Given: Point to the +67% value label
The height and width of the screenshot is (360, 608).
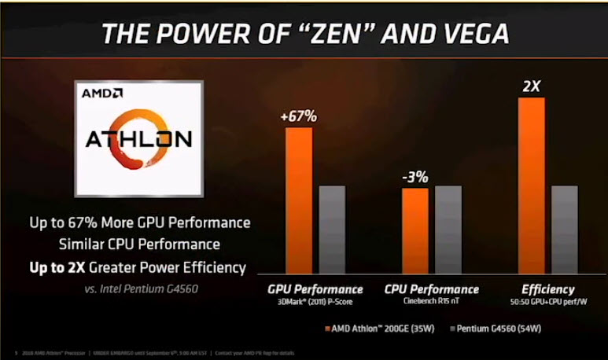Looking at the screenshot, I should pyautogui.click(x=299, y=116).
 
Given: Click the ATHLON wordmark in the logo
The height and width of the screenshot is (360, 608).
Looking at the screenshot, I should pyautogui.click(x=137, y=141).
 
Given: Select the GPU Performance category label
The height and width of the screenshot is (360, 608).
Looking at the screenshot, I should pyautogui.click(x=315, y=289).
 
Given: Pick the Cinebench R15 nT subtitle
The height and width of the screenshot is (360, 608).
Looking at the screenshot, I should pyautogui.click(x=431, y=302).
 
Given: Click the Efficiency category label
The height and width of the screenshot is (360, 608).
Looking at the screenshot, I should pyautogui.click(x=547, y=289).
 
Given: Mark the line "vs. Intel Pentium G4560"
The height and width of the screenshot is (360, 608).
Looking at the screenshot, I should pyautogui.click(x=141, y=288).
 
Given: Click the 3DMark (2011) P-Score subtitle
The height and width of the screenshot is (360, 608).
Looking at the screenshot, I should pyautogui.click(x=315, y=302).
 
